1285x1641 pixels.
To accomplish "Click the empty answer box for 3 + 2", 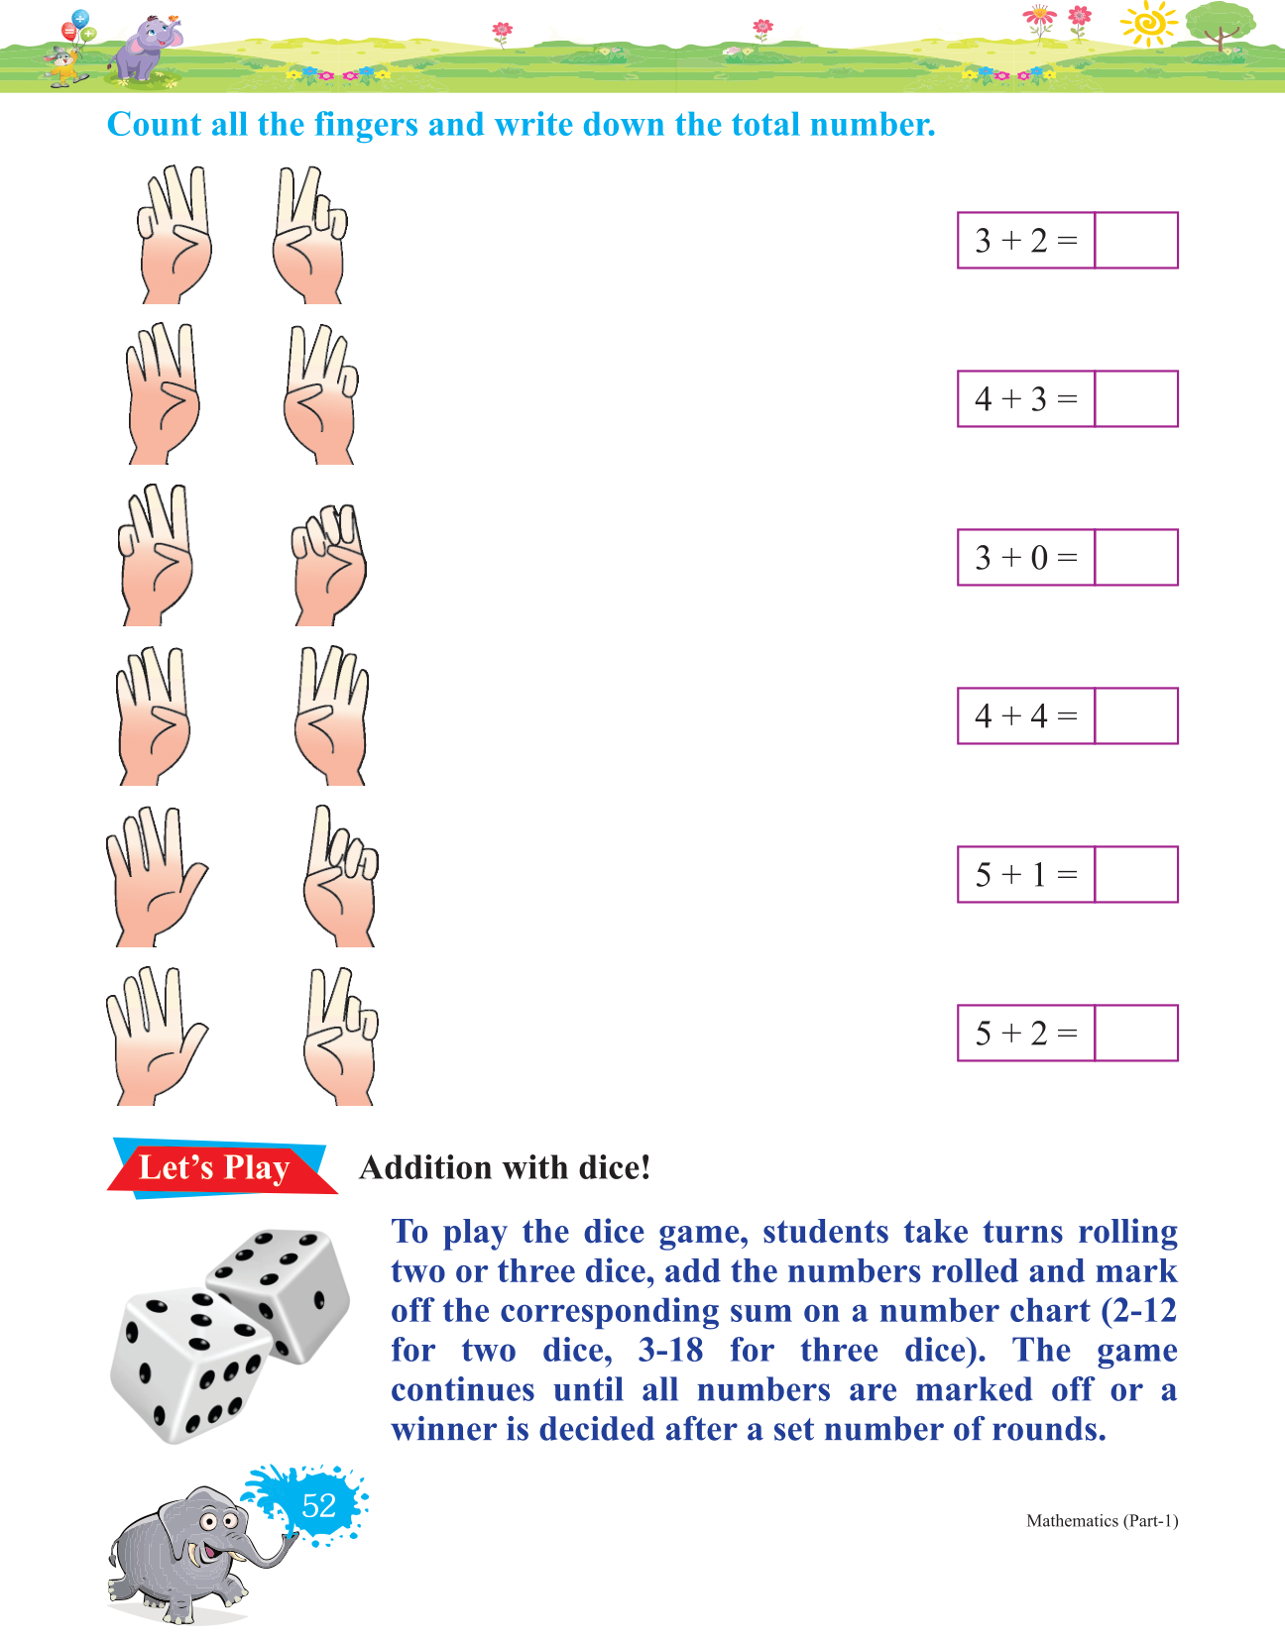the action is (1135, 240).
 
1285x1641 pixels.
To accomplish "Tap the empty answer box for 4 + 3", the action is (1135, 398).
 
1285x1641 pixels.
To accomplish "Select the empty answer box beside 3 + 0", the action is (1135, 557).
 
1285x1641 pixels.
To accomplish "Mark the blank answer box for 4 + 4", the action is (1135, 715).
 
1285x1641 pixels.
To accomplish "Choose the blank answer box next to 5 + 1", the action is (1135, 874).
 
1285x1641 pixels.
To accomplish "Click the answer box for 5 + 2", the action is (1135, 1034).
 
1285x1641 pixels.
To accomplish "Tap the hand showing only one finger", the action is (340, 876).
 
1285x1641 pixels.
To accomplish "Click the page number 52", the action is (318, 1506).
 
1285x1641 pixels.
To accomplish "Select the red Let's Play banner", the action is (220, 1167).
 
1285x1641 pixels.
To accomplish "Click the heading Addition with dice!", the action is (504, 1168).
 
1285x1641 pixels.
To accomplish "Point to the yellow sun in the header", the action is (1149, 23).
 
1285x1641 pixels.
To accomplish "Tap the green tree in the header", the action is (1220, 25).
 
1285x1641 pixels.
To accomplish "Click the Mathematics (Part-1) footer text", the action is (1103, 1520).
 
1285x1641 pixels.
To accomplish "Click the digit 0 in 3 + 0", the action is (1039, 558).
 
